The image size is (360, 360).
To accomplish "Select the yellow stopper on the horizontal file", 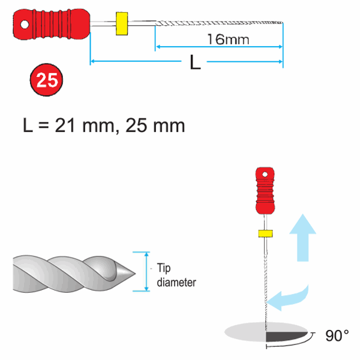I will (x=122, y=23).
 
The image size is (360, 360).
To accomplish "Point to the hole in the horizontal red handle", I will (x=25, y=25).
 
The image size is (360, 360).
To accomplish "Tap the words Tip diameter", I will (x=176, y=275).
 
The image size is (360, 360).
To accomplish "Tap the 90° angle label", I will (x=337, y=335).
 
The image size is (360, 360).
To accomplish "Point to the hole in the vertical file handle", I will (x=265, y=175).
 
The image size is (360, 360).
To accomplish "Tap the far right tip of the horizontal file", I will (x=282, y=23).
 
